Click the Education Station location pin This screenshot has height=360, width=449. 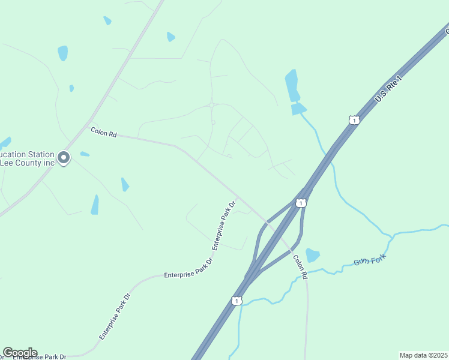64,158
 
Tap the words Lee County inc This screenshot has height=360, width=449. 28,163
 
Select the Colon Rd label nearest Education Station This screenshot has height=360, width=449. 103,131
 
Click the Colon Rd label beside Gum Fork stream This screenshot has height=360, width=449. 300,266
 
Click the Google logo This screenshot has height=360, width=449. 20,352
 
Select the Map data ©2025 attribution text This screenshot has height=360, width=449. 423,355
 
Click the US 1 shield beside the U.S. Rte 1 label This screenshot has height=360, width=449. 354,120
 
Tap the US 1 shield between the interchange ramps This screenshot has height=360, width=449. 301,203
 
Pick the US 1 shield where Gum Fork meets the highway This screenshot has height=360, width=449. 237,300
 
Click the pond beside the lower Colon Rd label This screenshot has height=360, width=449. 312,255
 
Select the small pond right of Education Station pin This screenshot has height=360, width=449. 85,154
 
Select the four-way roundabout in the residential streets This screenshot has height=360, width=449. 212,105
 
